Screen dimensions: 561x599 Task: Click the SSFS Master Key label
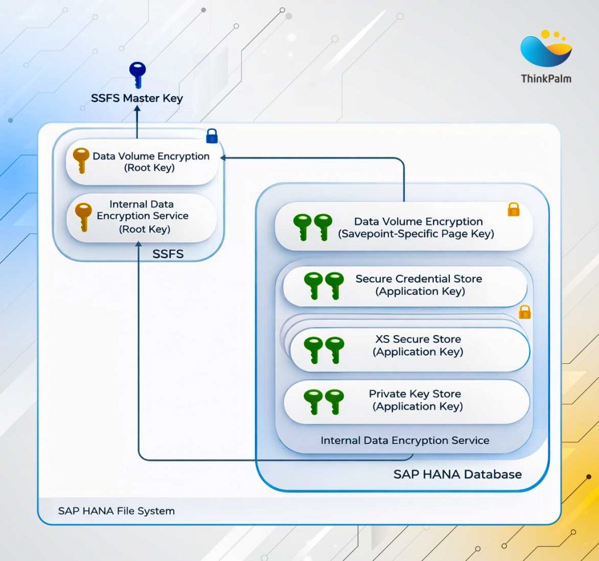(137, 98)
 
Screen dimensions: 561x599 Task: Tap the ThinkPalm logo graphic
(546, 49)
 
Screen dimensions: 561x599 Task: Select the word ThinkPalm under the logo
(546, 78)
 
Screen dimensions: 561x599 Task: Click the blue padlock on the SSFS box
(212, 136)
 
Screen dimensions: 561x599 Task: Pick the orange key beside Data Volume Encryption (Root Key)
(81, 160)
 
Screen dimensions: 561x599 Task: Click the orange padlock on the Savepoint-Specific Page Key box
(514, 209)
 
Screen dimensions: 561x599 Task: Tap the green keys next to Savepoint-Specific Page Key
(312, 227)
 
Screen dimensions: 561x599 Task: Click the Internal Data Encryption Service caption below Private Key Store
(405, 440)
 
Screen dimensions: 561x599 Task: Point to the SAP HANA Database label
(457, 474)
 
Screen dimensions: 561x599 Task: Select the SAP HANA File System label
(116, 511)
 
